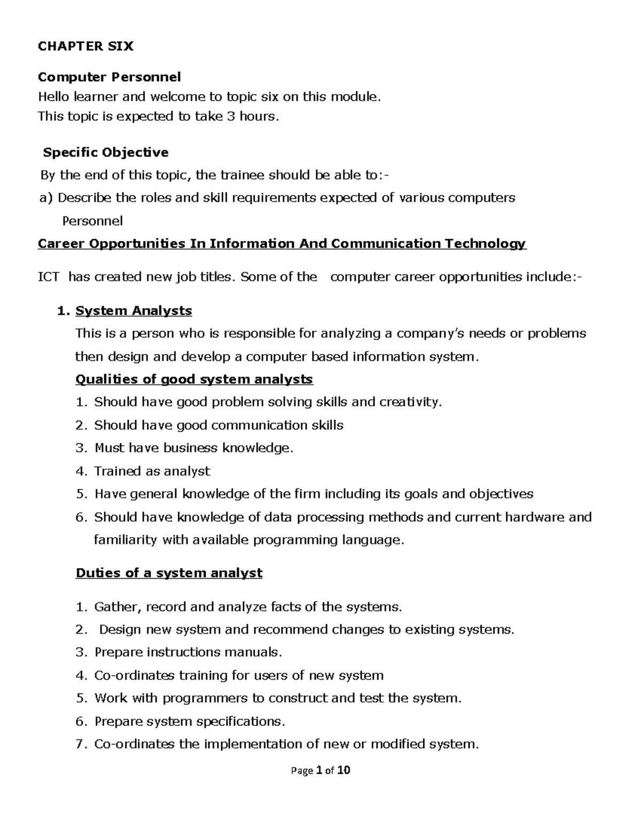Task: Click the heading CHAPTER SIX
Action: [85, 46]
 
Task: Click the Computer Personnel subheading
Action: [109, 77]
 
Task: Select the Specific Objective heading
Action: [106, 153]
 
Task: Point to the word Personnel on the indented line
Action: [92, 221]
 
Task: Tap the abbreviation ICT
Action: [49, 277]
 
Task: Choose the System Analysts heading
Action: [134, 311]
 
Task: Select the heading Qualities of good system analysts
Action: [194, 380]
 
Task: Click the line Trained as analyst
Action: [152, 471]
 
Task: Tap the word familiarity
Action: [126, 540]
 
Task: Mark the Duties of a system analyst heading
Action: [169, 573]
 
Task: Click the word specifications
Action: [241, 722]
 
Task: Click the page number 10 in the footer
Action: [343, 771]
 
